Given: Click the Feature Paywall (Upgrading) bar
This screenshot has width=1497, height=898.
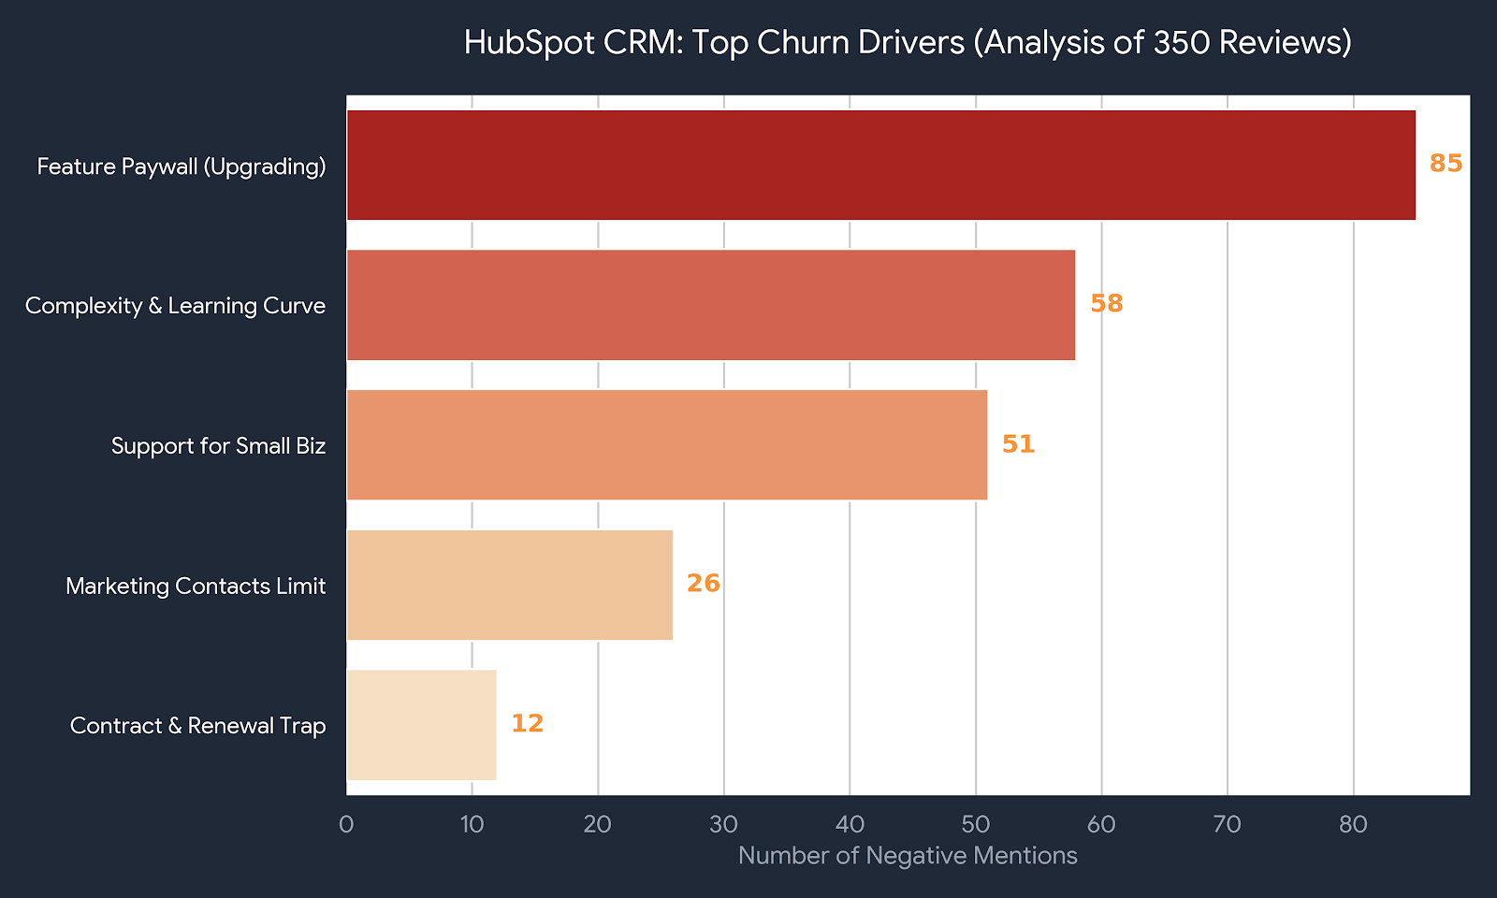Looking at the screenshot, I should coord(880,166).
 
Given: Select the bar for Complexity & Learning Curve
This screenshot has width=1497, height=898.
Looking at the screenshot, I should coord(711,305).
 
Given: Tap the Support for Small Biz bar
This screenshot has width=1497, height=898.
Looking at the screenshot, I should coord(667,445).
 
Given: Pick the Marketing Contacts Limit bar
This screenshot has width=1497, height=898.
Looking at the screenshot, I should coord(510,586).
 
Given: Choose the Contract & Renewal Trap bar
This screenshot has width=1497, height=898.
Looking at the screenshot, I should coord(422,725).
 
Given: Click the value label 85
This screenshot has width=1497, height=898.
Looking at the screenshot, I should coord(1446,164).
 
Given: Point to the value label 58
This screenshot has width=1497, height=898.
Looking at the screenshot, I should coord(1106,304).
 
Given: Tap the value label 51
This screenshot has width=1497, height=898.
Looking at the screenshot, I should coord(1018,443).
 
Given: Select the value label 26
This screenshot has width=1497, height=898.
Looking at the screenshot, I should coord(703,584).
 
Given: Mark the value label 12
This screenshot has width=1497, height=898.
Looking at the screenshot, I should coord(527,724).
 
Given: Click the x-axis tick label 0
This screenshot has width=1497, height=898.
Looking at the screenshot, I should coord(346,825).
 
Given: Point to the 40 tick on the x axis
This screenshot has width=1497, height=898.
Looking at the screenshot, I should coord(850,825).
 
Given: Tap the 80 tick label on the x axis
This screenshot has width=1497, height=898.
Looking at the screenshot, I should coord(1353,825).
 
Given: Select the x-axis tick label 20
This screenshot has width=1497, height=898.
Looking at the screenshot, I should coord(598,825).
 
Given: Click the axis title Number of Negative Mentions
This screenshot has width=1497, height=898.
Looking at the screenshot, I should coord(908,856).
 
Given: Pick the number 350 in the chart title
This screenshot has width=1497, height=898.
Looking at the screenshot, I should coord(1183,43).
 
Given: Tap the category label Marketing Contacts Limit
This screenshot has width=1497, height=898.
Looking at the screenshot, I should coord(196,587).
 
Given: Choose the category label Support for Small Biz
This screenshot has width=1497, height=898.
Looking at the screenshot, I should coord(218,446).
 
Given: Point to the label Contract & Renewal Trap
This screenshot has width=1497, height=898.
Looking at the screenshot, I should coord(197,726).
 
